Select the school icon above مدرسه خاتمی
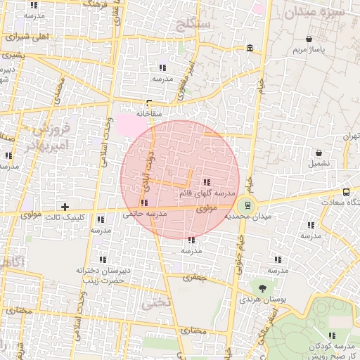pos(144,202)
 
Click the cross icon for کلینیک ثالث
pos(65,206)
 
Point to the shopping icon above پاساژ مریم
pos(309,39)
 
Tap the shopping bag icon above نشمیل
pos(319,152)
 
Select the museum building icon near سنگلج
pos(251,48)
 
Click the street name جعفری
pos(197,277)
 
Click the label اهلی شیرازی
pos(27,37)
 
